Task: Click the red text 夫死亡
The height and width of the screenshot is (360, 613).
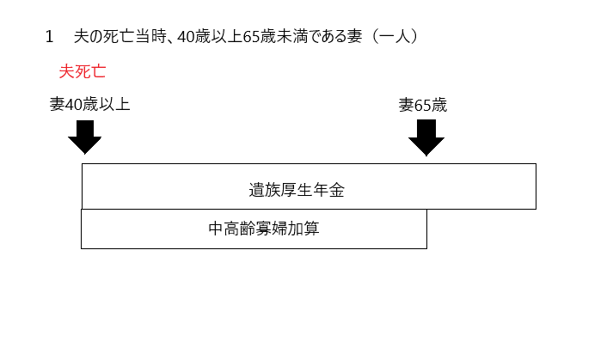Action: point(83,71)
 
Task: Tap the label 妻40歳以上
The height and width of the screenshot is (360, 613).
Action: point(89,104)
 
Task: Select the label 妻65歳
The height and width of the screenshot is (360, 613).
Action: point(423,105)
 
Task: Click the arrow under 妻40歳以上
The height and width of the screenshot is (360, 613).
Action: point(85,137)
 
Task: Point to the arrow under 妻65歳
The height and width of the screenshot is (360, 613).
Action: point(426,137)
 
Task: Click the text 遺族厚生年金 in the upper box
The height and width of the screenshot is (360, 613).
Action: point(297,191)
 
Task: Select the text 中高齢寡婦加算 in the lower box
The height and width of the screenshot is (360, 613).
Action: point(264,229)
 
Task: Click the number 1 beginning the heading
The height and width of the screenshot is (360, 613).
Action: point(49,37)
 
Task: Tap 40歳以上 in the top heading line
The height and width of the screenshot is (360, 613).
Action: point(210,36)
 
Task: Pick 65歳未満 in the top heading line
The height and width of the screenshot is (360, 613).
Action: point(276,36)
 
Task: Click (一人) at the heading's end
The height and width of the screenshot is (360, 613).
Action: point(395,36)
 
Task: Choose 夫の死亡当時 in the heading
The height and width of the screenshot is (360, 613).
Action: point(120,36)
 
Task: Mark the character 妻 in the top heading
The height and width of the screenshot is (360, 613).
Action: point(354,36)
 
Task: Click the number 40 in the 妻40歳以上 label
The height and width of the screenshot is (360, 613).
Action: point(73,105)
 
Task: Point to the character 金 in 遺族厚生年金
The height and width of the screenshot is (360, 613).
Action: point(337,191)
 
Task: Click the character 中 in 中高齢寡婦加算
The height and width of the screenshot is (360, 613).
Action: point(216,229)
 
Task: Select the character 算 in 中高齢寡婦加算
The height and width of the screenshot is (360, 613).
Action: point(312,229)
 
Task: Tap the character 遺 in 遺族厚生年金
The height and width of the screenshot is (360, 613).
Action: point(256,191)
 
